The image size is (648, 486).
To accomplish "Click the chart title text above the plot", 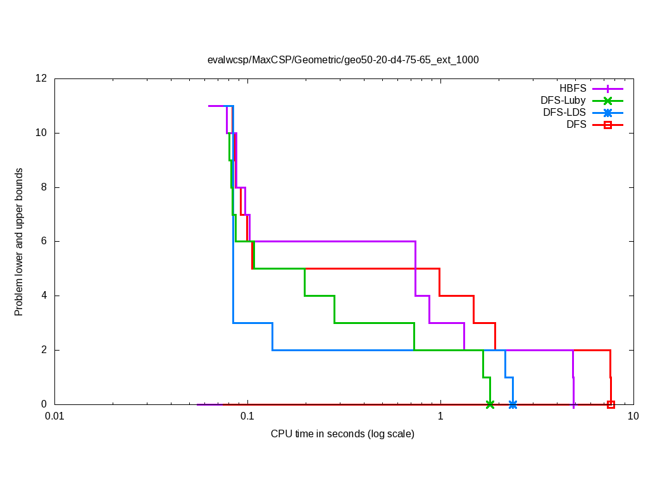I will tap(343, 60).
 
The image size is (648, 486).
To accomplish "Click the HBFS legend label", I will tap(573, 88).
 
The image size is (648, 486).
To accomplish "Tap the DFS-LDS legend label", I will tap(564, 113).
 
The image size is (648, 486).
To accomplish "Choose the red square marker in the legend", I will tap(607, 125).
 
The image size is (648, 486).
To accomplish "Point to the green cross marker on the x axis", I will tap(490, 404).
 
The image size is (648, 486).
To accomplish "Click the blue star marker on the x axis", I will tap(513, 404).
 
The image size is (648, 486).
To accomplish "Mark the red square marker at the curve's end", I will tap(611, 404).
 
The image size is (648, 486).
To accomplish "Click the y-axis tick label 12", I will tap(42, 78).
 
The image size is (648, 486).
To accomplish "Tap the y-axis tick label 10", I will tap(42, 133).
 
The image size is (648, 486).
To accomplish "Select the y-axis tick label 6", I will tap(44, 241).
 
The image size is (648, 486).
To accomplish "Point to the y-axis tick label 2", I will tap(44, 350).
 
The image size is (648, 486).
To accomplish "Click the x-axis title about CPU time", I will tap(342, 434).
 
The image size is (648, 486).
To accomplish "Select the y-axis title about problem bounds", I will tap(19, 242).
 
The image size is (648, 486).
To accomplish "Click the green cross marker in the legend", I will tap(607, 100).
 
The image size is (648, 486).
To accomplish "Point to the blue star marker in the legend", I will tap(607, 113).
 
